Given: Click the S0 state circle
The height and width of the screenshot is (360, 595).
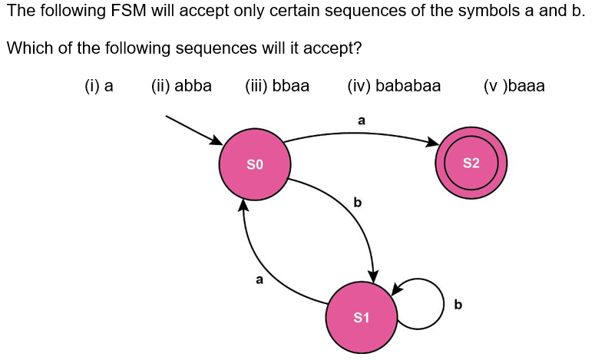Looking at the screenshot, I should tap(255, 164).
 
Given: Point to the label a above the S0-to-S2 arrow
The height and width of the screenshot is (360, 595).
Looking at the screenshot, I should tap(362, 121).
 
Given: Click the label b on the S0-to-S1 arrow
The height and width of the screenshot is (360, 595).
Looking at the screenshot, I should tap(356, 203).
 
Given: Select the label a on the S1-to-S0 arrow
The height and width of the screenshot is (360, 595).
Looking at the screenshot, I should tap(259, 280).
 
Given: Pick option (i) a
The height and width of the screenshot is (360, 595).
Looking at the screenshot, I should tap(99, 86).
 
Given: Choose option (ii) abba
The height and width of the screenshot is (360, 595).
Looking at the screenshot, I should tap(181, 86).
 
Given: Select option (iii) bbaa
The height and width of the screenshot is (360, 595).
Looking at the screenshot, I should tap(277, 86).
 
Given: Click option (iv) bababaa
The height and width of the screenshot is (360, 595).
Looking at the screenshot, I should tap(394, 86).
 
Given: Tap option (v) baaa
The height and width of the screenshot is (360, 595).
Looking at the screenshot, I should tap(514, 86).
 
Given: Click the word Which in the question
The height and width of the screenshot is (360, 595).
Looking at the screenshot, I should tap(27, 48).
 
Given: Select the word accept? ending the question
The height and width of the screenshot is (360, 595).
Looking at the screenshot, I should tap(332, 49).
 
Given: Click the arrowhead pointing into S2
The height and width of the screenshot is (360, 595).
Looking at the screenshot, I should tap(431, 144).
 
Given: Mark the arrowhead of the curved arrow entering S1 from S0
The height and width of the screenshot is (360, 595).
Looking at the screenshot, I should tap(374, 276).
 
